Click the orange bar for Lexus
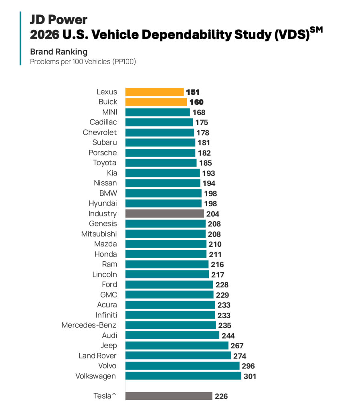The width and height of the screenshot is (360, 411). [154, 92]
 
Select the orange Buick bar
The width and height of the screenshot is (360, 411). [156, 102]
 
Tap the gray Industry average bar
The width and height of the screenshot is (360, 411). [164, 214]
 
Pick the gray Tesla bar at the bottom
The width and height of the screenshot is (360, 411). [168, 396]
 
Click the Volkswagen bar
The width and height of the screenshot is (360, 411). [183, 376]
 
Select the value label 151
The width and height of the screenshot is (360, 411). [192, 92]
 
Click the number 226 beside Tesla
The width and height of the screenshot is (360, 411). [221, 396]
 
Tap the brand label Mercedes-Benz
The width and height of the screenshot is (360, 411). [89, 325]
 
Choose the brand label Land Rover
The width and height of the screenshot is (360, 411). [98, 356]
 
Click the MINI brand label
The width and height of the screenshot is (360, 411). [109, 112]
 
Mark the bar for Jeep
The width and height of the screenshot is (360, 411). [176, 345]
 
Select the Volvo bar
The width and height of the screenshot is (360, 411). [182, 366]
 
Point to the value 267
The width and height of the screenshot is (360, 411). [237, 346]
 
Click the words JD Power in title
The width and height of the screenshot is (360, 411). [59, 20]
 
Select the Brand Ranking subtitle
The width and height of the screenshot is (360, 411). [59, 52]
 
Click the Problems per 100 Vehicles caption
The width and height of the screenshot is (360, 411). [83, 62]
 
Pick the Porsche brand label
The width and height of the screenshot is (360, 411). [103, 153]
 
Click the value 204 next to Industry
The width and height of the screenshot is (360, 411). [212, 214]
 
